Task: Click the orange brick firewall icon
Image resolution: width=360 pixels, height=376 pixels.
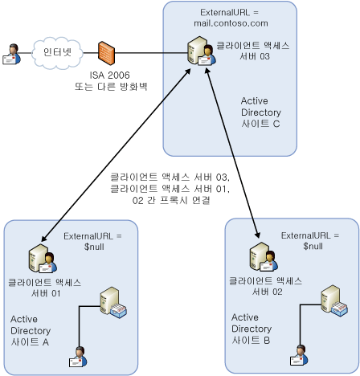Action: [x=106, y=53]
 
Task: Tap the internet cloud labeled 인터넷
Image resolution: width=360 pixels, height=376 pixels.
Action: [x=57, y=53]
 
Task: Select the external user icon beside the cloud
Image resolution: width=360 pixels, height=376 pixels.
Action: [x=11, y=55]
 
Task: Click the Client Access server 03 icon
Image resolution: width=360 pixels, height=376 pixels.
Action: [x=202, y=51]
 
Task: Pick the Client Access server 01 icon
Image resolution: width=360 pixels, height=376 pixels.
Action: [x=43, y=259]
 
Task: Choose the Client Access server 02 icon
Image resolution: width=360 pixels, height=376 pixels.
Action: [x=264, y=257]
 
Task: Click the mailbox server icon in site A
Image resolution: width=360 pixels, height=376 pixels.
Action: [x=113, y=302]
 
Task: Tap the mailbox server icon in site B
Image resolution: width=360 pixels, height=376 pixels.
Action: [x=334, y=300]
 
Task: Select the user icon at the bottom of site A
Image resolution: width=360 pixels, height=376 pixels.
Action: [x=78, y=357]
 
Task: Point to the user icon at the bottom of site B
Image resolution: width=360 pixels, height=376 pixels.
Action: [x=299, y=355]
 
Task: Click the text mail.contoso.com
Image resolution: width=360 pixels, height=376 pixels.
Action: [x=231, y=23]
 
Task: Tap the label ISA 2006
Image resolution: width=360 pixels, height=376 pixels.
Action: [x=109, y=76]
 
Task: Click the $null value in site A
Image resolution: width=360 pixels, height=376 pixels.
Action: [x=94, y=247]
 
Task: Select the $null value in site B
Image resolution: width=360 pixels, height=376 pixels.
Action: [x=313, y=246]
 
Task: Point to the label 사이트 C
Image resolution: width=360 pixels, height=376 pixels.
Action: [x=260, y=124]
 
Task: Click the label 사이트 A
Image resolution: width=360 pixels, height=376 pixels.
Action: [x=30, y=342]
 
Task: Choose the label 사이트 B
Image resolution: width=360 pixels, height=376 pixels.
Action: [x=251, y=341]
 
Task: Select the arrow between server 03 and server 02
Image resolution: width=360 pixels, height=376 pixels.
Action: [x=232, y=153]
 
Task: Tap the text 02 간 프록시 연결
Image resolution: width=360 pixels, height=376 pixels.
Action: [x=171, y=200]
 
